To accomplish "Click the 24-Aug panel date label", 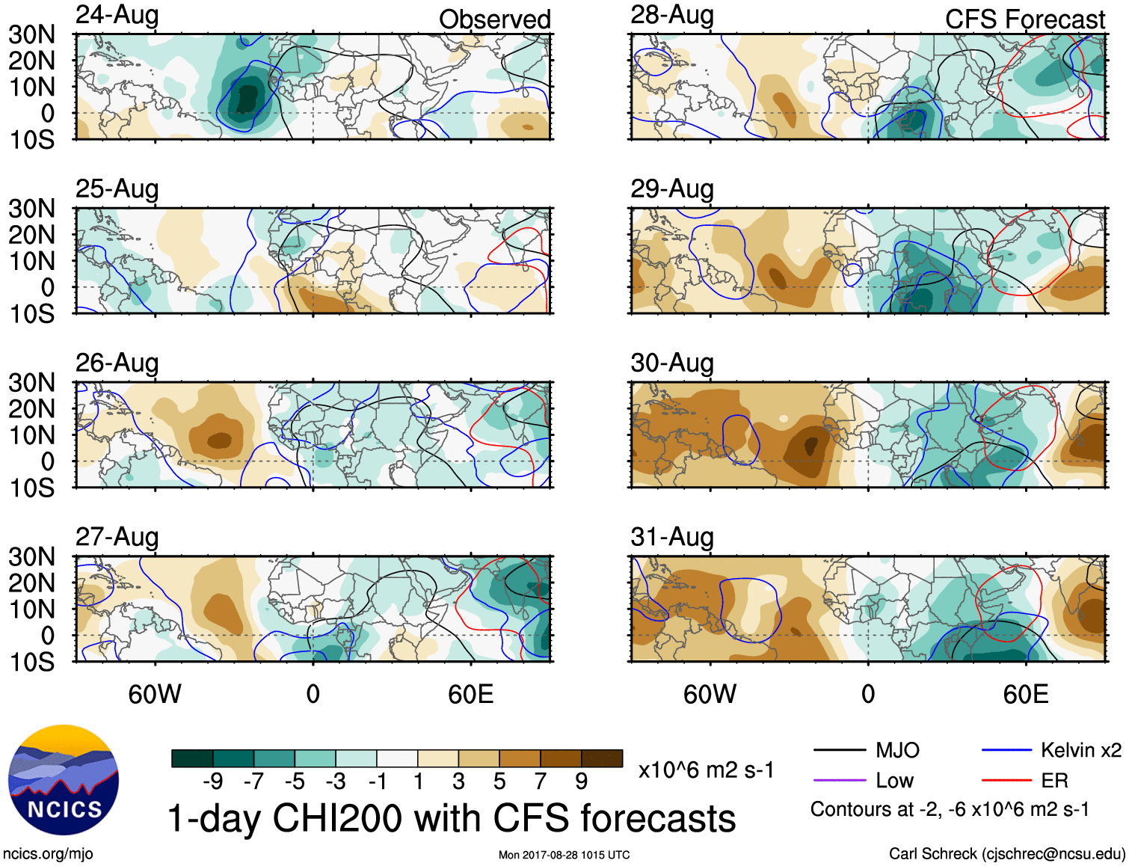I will (x=117, y=16).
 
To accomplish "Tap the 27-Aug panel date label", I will (x=117, y=538).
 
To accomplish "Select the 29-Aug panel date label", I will (x=671, y=189).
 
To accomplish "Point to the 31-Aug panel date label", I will (x=671, y=538).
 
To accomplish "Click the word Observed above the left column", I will (x=494, y=19).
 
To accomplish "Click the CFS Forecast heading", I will (x=1024, y=19).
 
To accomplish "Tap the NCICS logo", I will (x=64, y=780).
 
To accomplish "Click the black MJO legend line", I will (x=839, y=750).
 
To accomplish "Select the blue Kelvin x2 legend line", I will (x=1006, y=750).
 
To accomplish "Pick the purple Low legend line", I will (x=839, y=781).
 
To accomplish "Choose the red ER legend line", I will (x=1006, y=781).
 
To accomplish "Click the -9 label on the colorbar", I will (x=212, y=781).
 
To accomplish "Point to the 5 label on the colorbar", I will (x=499, y=781).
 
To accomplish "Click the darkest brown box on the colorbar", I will (x=602, y=758).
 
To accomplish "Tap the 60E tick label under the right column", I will (x=1025, y=694).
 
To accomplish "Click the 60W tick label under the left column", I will (x=155, y=694).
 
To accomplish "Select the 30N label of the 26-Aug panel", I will (x=31, y=383).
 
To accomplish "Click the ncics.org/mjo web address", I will (x=48, y=854).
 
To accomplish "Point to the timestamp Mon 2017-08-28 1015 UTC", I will (x=564, y=855).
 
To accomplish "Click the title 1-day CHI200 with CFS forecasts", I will (x=451, y=818).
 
